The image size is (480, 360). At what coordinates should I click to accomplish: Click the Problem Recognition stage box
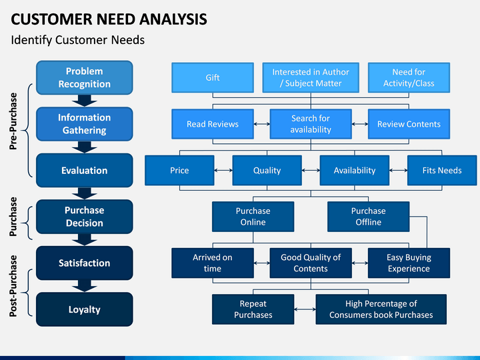85,77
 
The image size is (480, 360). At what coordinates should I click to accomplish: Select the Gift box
213,77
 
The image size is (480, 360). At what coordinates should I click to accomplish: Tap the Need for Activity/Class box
409,77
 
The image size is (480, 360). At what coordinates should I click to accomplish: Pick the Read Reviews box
213,124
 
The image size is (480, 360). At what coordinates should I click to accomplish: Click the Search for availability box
311,124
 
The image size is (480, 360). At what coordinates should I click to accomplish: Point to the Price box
179,170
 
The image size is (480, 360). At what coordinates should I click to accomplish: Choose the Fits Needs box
442,170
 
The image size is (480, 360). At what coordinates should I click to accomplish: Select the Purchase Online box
253,217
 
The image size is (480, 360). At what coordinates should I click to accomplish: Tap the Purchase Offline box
368,217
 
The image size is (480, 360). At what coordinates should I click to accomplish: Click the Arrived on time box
213,263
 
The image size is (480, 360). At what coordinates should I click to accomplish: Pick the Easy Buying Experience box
409,263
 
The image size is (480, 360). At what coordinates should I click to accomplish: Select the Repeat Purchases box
253,309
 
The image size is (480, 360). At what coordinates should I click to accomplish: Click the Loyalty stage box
85,309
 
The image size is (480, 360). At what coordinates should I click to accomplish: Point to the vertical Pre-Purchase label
13,121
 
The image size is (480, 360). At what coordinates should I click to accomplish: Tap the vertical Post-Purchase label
13,286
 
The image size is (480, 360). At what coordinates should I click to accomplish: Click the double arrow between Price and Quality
223,170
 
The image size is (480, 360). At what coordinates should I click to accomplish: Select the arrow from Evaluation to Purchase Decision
85,193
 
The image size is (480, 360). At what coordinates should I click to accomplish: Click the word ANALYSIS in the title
173,19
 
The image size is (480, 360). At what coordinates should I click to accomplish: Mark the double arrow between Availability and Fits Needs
398,170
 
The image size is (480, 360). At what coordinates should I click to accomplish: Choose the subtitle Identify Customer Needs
78,40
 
